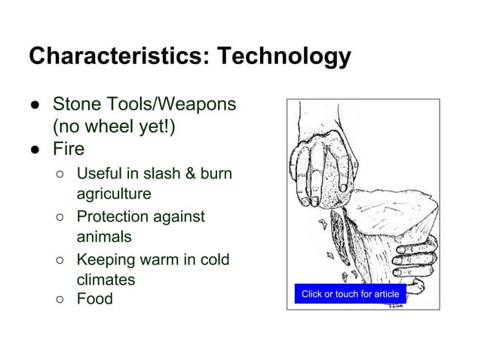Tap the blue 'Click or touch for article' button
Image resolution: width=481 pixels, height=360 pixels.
pyautogui.click(x=350, y=294)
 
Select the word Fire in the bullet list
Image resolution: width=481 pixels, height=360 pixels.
pyautogui.click(x=68, y=148)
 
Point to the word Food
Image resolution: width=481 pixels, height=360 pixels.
pyautogui.click(x=94, y=299)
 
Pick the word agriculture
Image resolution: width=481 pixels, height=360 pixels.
pyautogui.click(x=114, y=194)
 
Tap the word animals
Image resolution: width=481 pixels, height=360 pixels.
pyautogui.click(x=103, y=237)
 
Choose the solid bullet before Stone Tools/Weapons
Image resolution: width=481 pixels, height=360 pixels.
pyautogui.click(x=35, y=105)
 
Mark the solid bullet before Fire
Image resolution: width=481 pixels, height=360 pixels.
pyautogui.click(x=35, y=149)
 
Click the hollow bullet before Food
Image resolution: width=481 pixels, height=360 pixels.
pyautogui.click(x=60, y=300)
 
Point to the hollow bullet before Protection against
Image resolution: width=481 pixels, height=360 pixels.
pyautogui.click(x=60, y=218)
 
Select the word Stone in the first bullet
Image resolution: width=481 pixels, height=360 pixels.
pyautogui.click(x=74, y=104)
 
